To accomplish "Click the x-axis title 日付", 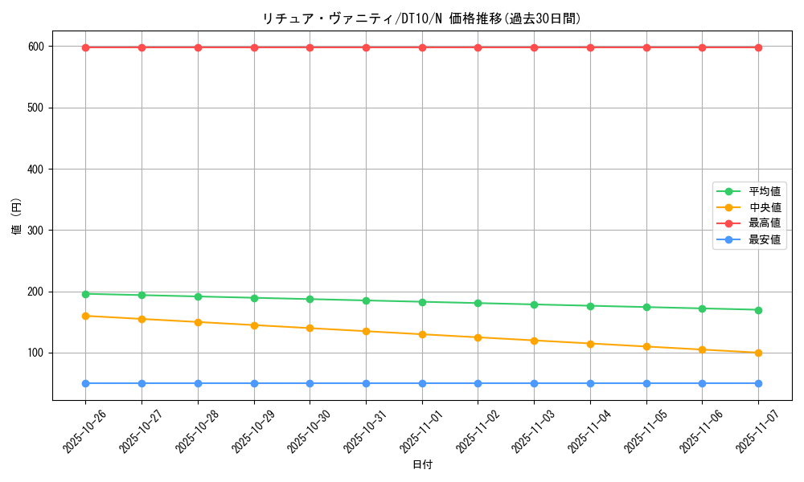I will [421, 465].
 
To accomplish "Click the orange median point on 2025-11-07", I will [758, 353].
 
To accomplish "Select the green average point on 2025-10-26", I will [85, 294].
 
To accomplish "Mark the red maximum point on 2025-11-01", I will [422, 47].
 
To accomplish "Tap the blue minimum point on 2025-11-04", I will [590, 383].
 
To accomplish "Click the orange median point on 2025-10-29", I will [254, 325].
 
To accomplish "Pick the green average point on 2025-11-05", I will [646, 307].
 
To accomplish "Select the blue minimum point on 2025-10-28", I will [198, 383].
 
